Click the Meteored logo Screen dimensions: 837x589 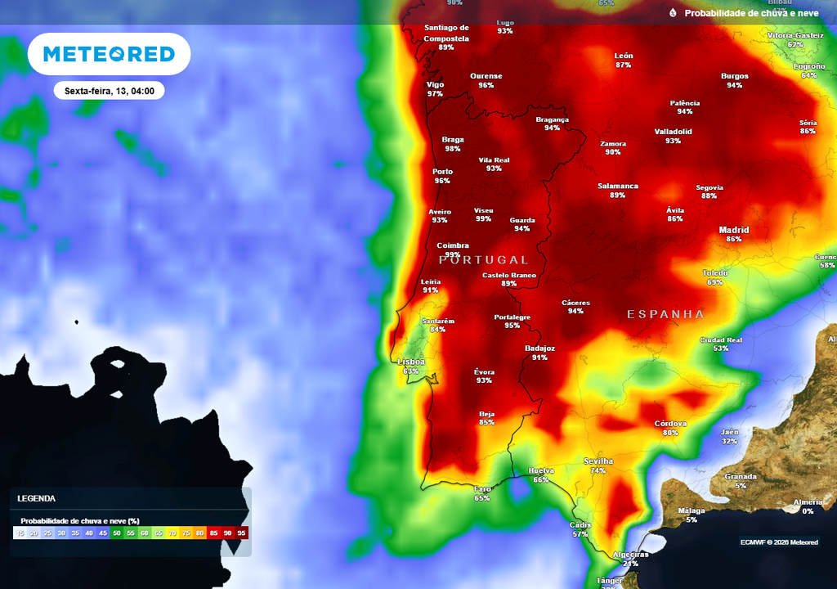(x=109, y=54)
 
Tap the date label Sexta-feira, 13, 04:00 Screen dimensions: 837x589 (x=110, y=91)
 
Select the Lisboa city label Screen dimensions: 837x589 (x=410, y=362)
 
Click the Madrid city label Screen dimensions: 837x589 (x=733, y=230)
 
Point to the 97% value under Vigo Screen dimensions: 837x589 (x=435, y=94)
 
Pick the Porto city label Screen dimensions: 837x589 (x=442, y=172)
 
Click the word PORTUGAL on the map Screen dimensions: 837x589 (x=484, y=260)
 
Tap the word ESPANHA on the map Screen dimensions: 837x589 (x=665, y=314)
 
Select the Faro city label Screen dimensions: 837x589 (x=483, y=489)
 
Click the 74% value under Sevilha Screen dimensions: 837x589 (x=598, y=471)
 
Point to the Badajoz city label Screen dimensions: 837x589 (x=539, y=348)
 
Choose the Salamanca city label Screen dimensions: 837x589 (x=618, y=187)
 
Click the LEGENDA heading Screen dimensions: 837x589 (x=37, y=498)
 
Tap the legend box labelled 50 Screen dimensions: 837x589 (x=117, y=533)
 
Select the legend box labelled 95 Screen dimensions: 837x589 (x=241, y=533)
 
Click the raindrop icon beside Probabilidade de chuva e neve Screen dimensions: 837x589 (x=673, y=13)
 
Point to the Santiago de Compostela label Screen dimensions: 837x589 (x=446, y=33)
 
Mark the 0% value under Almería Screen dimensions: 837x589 (x=808, y=511)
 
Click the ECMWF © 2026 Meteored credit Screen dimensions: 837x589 (x=779, y=542)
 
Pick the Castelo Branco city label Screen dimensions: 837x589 (x=509, y=276)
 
